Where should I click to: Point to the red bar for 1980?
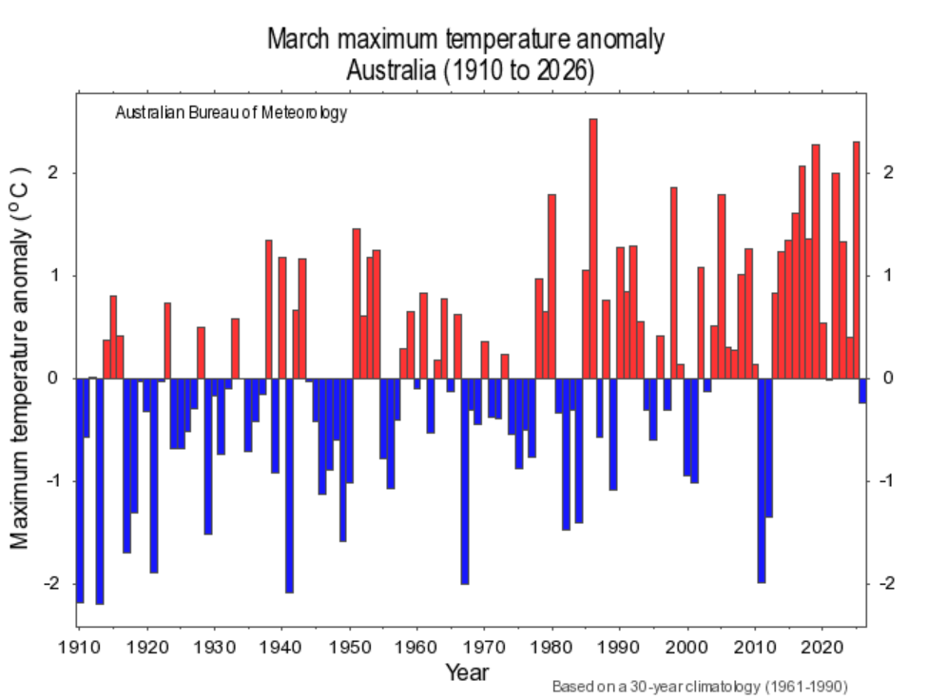click(x=551, y=285)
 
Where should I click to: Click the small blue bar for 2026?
click(x=862, y=390)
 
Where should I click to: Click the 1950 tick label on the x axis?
click(x=350, y=644)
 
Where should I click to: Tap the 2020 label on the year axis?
click(x=822, y=644)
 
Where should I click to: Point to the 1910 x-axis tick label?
click(x=80, y=644)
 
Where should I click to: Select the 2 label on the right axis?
click(x=887, y=173)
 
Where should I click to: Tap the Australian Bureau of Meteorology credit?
click(x=231, y=113)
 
